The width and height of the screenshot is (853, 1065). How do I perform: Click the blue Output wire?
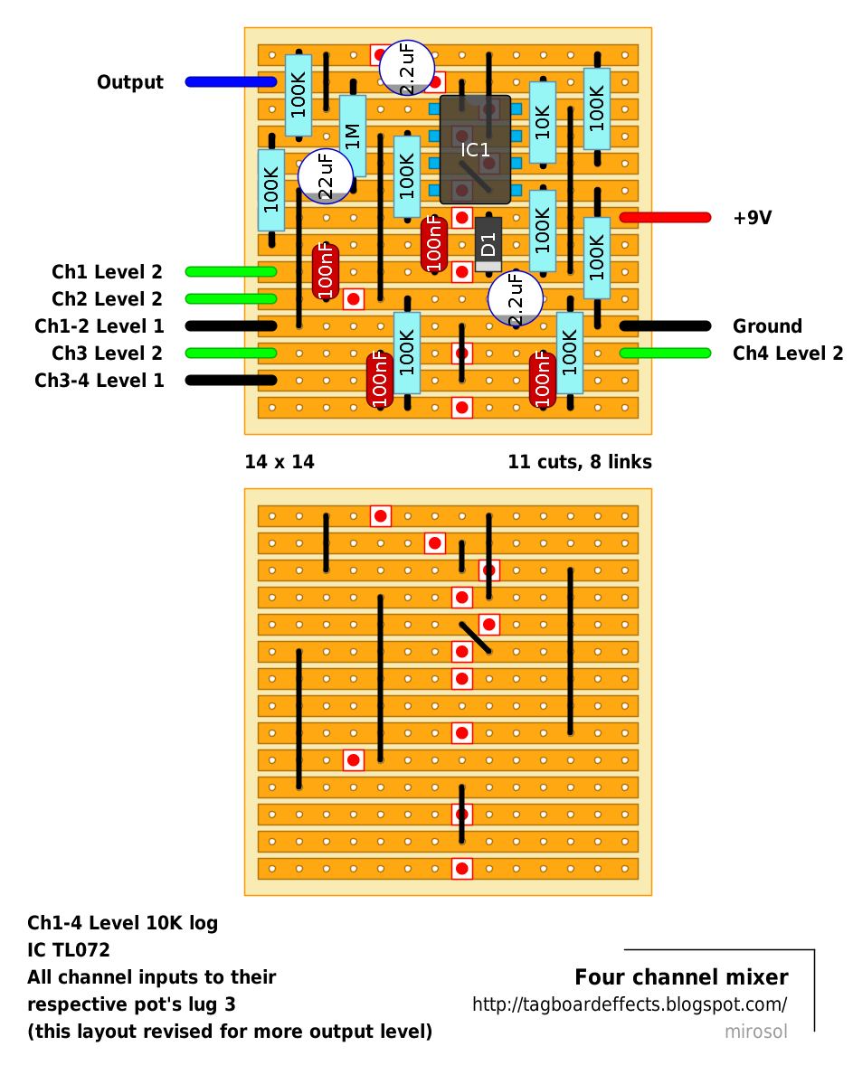click(231, 82)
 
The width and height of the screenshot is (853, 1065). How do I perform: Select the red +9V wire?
click(665, 218)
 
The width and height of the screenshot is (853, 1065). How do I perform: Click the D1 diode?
click(488, 243)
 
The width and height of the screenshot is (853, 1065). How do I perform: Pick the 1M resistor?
click(353, 136)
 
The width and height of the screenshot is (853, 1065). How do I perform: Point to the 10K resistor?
click(543, 122)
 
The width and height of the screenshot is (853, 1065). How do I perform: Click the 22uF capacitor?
click(326, 175)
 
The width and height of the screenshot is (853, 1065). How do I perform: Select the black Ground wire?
click(665, 326)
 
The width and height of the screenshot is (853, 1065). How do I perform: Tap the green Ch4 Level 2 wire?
click(665, 353)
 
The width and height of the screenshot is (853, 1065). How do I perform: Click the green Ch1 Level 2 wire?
click(231, 272)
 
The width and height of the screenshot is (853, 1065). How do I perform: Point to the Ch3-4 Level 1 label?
click(100, 381)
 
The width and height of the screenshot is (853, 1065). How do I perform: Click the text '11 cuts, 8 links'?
click(580, 462)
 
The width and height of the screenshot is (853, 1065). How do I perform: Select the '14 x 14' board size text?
click(280, 462)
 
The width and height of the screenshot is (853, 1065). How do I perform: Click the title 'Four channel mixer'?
click(681, 977)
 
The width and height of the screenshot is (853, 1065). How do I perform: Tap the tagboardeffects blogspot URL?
click(630, 1004)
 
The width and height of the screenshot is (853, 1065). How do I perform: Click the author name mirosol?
click(755, 1032)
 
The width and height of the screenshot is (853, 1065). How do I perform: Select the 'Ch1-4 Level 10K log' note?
click(122, 923)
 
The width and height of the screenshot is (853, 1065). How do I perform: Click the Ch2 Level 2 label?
click(107, 299)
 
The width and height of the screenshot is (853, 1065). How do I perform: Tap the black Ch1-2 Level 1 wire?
click(231, 326)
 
